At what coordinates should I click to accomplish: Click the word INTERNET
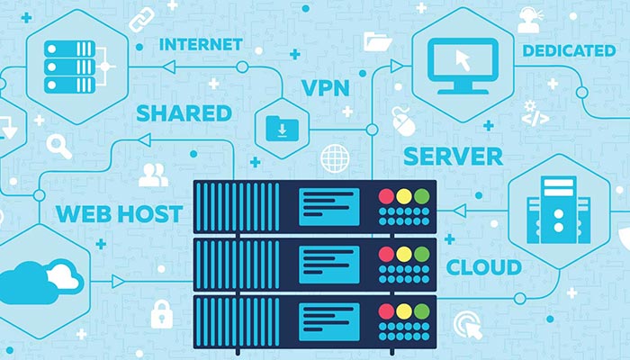[x=201, y=43]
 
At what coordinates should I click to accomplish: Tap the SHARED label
[x=184, y=113]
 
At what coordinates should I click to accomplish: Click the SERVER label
[x=453, y=156]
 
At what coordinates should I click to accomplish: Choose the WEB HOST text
[x=119, y=214]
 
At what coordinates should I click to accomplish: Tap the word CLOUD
[x=483, y=267]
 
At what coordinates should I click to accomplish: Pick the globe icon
[x=334, y=157]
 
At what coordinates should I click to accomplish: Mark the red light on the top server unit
[x=386, y=195]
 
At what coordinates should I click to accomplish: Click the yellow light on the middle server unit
[x=402, y=254]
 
